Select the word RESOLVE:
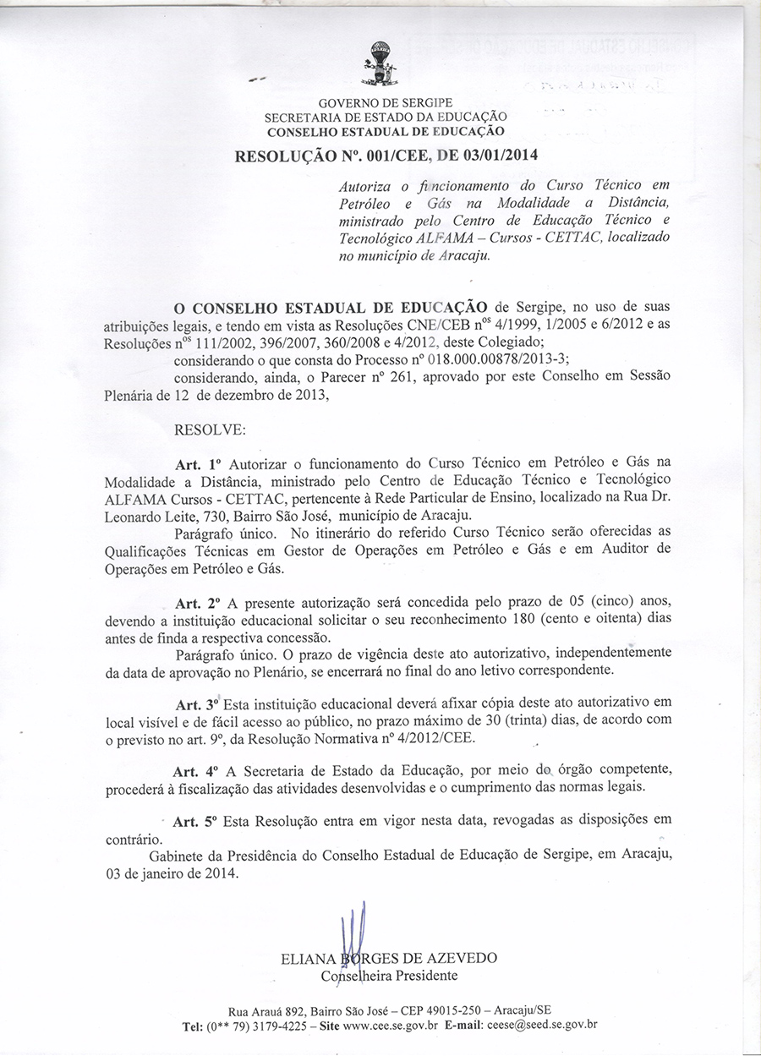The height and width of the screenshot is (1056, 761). tap(209, 430)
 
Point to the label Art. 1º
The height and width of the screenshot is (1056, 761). tap(196, 464)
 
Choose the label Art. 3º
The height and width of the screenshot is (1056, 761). tap(198, 705)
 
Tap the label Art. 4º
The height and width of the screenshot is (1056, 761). tap(195, 772)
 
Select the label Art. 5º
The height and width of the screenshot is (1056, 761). tap(196, 822)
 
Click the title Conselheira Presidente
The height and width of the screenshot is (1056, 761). tap(389, 976)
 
